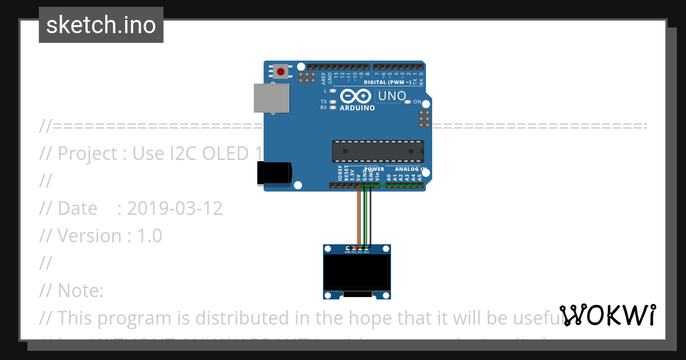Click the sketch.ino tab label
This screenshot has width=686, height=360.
pyautogui.click(x=101, y=25)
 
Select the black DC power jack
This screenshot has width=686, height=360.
pyautogui.click(x=274, y=173)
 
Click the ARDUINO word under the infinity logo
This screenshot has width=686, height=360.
pyautogui.click(x=357, y=108)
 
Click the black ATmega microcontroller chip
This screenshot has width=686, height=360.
pyautogui.click(x=378, y=151)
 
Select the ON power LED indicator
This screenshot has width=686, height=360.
pyautogui.click(x=408, y=102)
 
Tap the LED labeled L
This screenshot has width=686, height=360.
pyautogui.click(x=333, y=91)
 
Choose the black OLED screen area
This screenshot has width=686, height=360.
pyautogui.click(x=357, y=273)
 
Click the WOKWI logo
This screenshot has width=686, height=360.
pyautogui.click(x=608, y=315)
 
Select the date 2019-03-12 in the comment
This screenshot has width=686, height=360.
pyautogui.click(x=174, y=209)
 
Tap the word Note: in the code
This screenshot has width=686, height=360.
pyautogui.click(x=80, y=291)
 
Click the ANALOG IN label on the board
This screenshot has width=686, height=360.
pyautogui.click(x=410, y=169)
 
